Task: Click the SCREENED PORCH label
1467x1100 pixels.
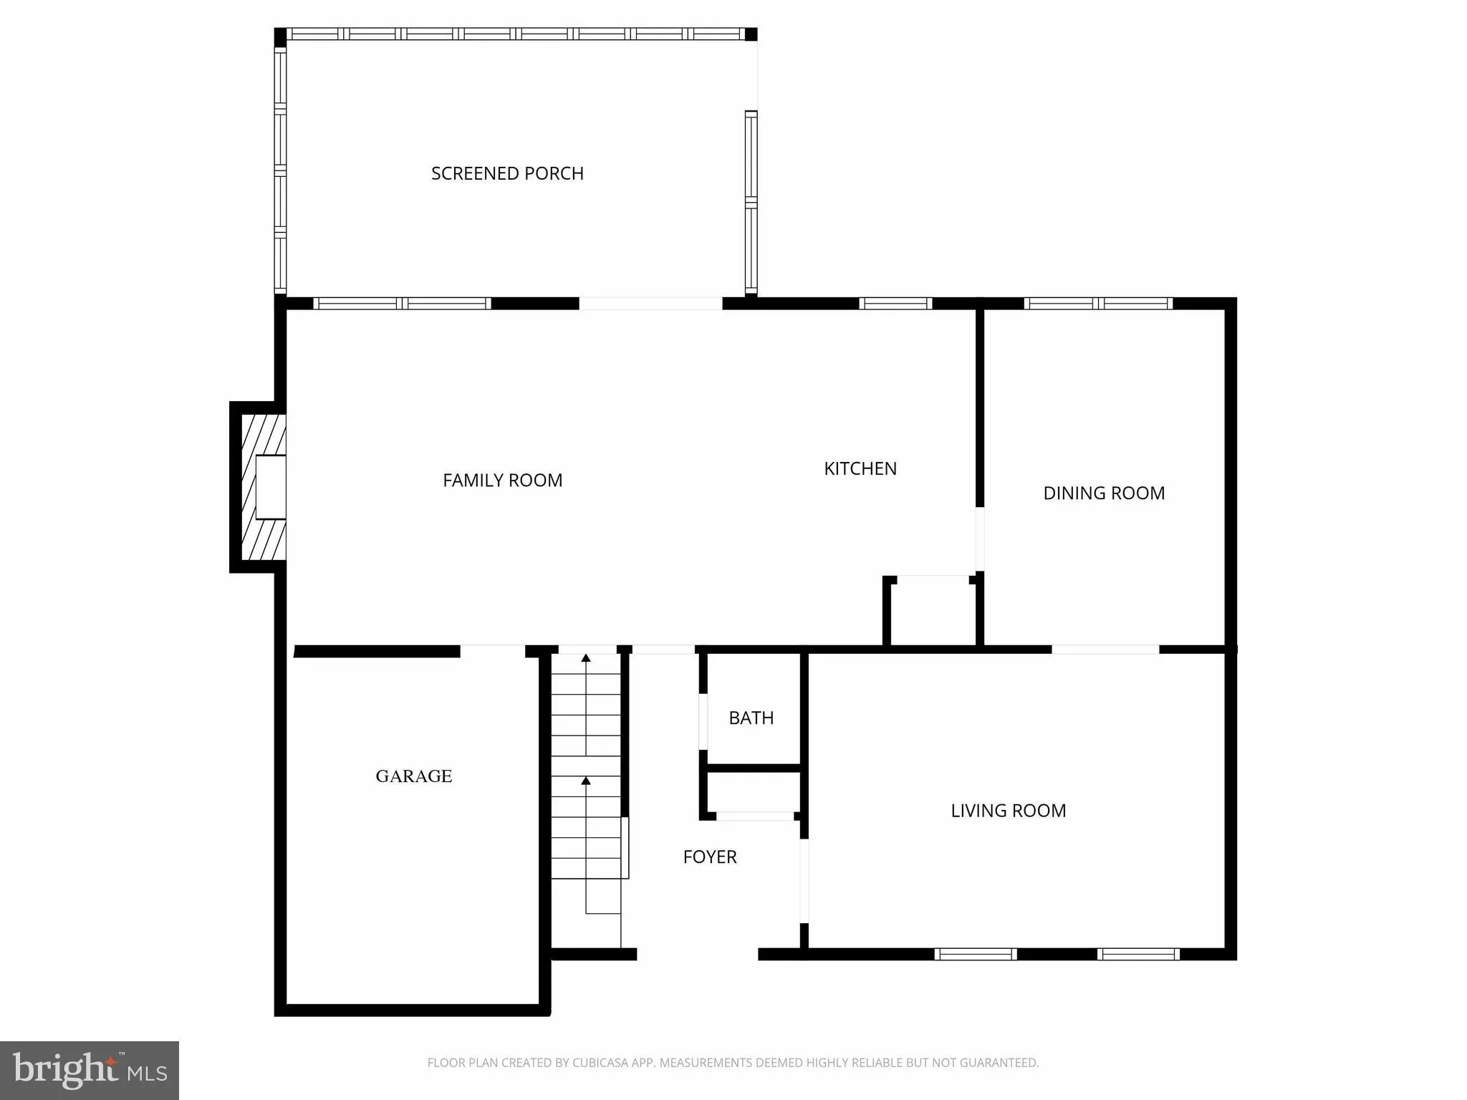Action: pos(507,173)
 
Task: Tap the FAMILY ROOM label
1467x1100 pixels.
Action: pos(502,481)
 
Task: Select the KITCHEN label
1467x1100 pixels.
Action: pos(860,468)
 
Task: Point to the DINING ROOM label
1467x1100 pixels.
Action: pos(1103,493)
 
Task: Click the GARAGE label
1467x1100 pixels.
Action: pos(413,776)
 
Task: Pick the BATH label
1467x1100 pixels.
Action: pos(751,718)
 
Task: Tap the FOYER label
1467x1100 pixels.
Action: pos(709,857)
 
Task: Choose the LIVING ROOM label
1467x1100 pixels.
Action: pos(1008,811)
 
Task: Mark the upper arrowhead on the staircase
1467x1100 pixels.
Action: pos(586,657)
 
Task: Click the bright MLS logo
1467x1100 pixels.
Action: pos(90,1070)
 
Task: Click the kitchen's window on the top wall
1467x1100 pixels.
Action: pos(895,304)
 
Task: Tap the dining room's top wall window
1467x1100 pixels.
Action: pos(1098,304)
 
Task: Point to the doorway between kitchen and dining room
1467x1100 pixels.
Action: pos(979,539)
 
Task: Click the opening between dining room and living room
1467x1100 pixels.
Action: pos(1105,650)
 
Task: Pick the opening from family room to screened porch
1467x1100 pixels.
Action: pos(650,304)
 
